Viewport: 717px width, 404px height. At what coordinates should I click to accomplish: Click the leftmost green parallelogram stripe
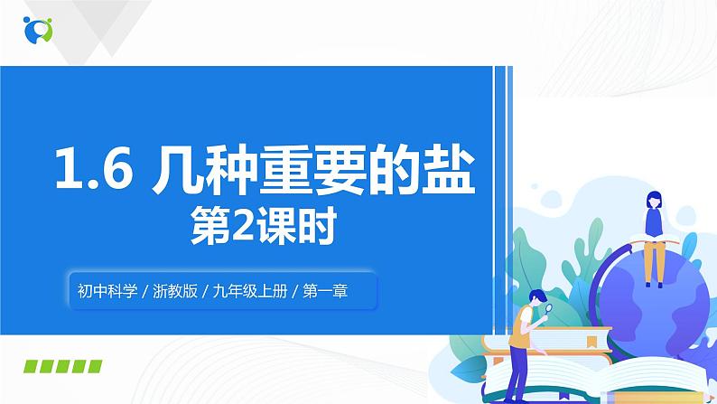tap(33, 366)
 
